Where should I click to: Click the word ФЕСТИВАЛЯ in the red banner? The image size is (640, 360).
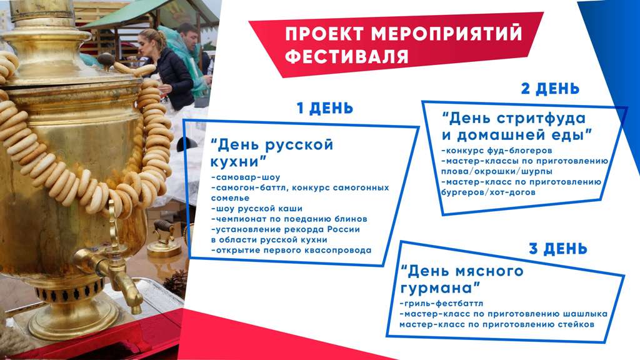tap(346, 57)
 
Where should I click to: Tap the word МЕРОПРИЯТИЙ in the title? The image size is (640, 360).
tap(446, 33)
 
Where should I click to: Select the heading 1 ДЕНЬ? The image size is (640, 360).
tap(324, 108)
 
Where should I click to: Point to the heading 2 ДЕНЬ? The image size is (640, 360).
tap(550, 89)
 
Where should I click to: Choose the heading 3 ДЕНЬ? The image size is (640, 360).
tap(557, 249)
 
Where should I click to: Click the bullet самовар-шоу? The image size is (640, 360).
tap(246, 177)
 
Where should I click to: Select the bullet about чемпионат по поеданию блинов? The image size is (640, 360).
tap(289, 219)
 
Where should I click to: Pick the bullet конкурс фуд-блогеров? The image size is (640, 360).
tap(496, 151)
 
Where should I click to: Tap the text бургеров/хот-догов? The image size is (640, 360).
tap(487, 192)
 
